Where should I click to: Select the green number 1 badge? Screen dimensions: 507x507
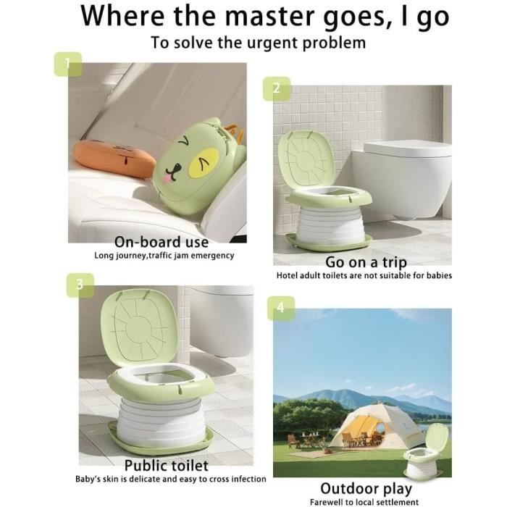[x=67, y=64]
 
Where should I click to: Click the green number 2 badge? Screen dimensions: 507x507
[x=277, y=88]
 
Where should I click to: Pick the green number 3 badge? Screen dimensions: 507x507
[x=80, y=285]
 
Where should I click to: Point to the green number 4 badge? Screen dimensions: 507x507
[x=281, y=308]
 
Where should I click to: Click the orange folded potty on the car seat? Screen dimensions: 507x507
[x=114, y=159]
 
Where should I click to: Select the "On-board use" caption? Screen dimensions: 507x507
[x=162, y=242]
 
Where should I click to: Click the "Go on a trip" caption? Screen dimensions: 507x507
[x=366, y=262]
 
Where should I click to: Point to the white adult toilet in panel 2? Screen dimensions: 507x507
[x=402, y=179]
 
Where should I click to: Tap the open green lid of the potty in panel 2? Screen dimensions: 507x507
[x=306, y=159]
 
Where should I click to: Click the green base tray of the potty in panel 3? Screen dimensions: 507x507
[x=161, y=440]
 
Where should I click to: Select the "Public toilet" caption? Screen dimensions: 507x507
[x=166, y=466]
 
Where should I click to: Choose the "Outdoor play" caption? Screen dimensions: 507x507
[x=366, y=489]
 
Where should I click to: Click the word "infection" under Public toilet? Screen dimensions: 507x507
[x=246, y=479]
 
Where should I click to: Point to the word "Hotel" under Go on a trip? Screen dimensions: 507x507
[x=287, y=275]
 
